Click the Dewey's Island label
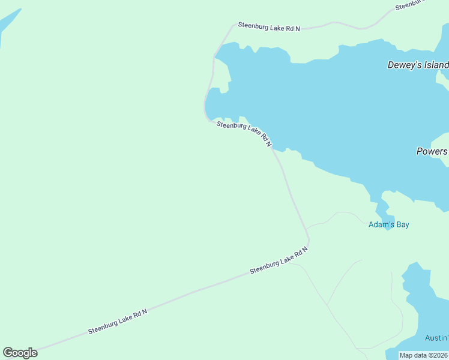(418, 65)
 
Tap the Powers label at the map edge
(432, 151)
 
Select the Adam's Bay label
(388, 224)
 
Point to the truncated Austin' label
(436, 338)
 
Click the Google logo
(20, 353)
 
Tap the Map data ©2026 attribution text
(424, 355)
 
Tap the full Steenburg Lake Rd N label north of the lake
(269, 26)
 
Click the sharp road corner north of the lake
(233, 25)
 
